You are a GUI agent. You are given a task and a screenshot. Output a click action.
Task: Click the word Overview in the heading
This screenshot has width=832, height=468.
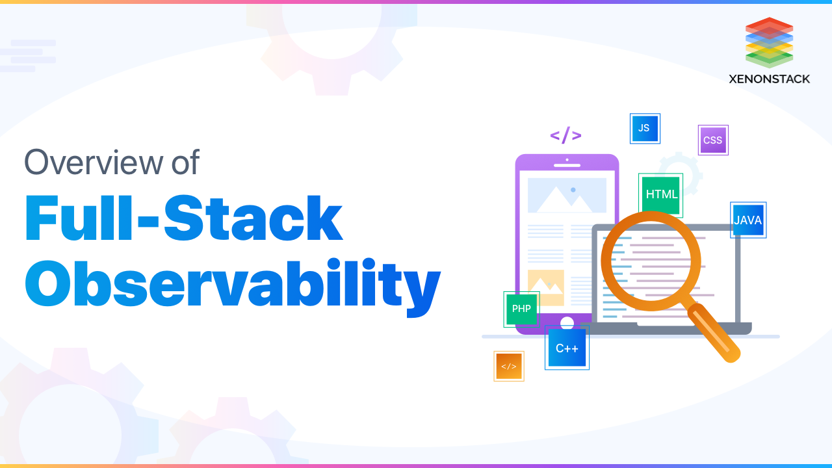pyautogui.click(x=94, y=162)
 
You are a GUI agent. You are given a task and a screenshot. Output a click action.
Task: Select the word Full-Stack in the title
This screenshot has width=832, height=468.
pyautogui.click(x=184, y=218)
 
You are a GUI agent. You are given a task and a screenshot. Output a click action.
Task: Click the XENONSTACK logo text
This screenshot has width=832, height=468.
pyautogui.click(x=769, y=79)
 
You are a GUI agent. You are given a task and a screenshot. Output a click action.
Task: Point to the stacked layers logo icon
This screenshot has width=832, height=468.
pyautogui.click(x=769, y=42)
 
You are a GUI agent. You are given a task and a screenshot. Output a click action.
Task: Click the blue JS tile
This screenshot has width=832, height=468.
pyautogui.click(x=645, y=129)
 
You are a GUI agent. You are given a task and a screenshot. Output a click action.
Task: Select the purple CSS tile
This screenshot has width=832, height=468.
pyautogui.click(x=713, y=140)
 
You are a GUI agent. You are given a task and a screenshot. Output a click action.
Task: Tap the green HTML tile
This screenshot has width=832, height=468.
pyautogui.click(x=661, y=194)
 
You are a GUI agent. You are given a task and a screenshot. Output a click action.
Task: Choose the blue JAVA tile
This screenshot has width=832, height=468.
pyautogui.click(x=748, y=220)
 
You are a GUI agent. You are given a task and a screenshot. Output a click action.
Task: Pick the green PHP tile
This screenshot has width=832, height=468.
pyautogui.click(x=521, y=309)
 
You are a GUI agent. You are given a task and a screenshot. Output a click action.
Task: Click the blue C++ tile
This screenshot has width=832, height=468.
pyautogui.click(x=567, y=348)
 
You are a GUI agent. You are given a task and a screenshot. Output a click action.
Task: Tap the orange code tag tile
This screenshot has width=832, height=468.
pyautogui.click(x=509, y=366)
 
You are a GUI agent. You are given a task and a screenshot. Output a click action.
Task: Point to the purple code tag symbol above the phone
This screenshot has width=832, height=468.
pyautogui.click(x=565, y=135)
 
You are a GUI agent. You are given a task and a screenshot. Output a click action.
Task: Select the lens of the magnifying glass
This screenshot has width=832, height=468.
pyautogui.click(x=651, y=261)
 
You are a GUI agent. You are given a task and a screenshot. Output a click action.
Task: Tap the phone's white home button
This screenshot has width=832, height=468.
pyautogui.click(x=567, y=322)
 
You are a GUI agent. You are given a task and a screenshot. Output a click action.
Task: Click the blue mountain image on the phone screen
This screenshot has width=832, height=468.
pyautogui.click(x=567, y=196)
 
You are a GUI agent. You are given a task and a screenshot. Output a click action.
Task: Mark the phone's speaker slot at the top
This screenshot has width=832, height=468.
pyautogui.click(x=567, y=165)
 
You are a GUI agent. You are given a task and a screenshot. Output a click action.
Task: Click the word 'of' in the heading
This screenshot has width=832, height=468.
pyautogui.click(x=185, y=162)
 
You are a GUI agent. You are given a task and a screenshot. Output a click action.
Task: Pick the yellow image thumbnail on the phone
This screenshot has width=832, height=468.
pyautogui.click(x=546, y=287)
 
